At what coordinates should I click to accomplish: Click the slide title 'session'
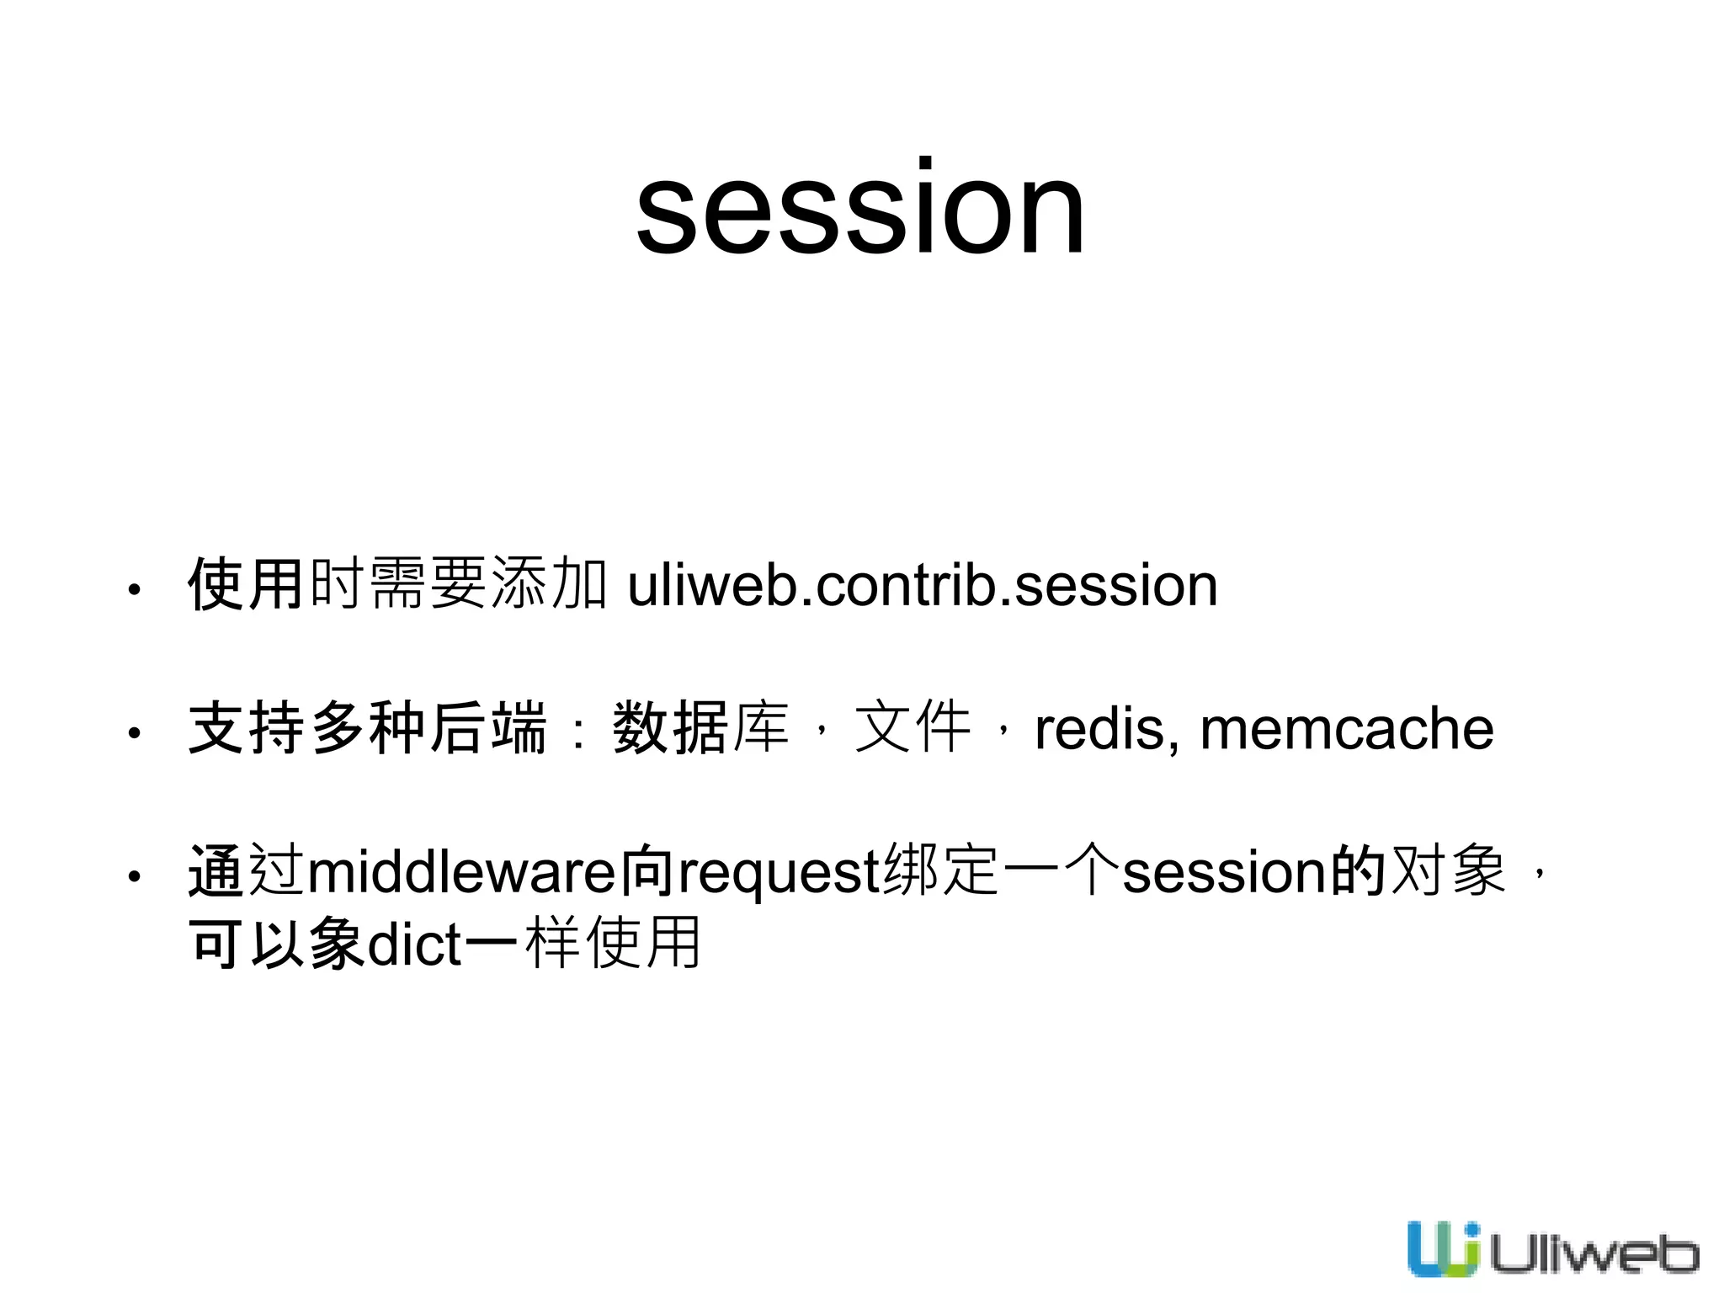[x=860, y=209]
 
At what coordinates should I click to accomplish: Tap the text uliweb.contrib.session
[x=923, y=586]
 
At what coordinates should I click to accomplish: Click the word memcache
[x=1347, y=729]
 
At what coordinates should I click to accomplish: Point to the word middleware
[x=462, y=872]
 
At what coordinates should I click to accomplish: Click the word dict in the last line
[x=415, y=944]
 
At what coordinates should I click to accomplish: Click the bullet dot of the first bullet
[x=133, y=590]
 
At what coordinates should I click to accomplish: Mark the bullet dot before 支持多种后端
[x=133, y=733]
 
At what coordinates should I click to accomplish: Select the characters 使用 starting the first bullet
[x=245, y=584]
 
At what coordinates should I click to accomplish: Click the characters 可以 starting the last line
[x=245, y=943]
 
